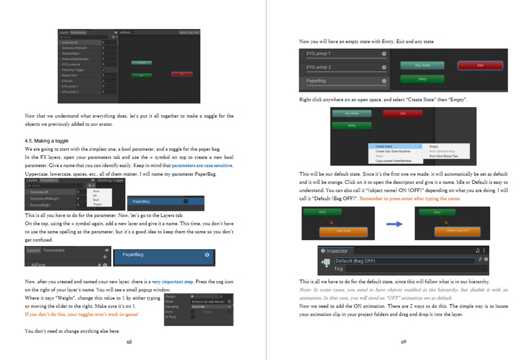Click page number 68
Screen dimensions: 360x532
(129, 342)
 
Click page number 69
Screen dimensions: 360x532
(403, 342)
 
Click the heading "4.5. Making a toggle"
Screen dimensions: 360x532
(46, 141)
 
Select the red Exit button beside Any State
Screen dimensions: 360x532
(480, 65)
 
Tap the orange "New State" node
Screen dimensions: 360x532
(343, 231)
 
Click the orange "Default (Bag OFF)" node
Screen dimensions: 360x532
(458, 230)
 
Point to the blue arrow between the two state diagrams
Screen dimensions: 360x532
(394, 224)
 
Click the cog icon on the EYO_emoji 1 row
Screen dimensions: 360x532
(384, 54)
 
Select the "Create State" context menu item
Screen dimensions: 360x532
(384, 146)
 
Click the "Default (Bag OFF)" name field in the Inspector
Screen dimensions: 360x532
(404, 261)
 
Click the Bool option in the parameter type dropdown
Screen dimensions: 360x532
(96, 199)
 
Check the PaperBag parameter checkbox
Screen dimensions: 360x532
(185, 201)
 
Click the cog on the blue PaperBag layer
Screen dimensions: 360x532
(207, 255)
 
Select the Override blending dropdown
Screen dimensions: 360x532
(210, 306)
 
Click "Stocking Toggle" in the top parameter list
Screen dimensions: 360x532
(73, 70)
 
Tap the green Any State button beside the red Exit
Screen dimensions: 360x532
(422, 65)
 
